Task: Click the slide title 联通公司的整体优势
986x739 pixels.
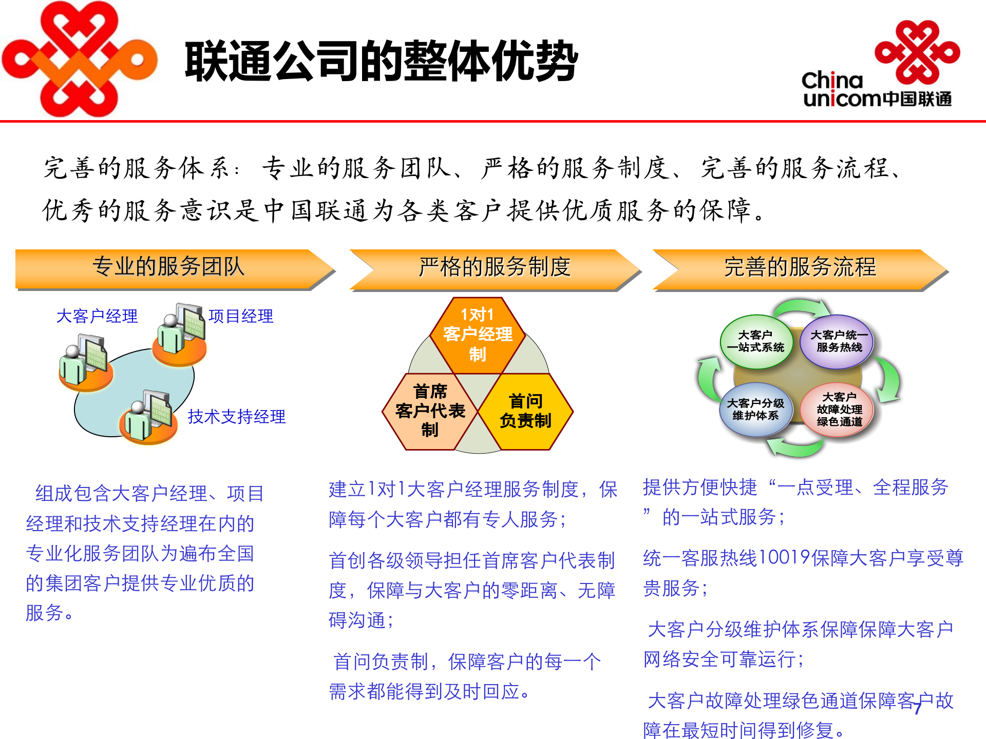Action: pyautogui.click(x=382, y=62)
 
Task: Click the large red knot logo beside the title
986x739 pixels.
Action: pyautogui.click(x=80, y=59)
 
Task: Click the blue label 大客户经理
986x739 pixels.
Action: pyautogui.click(x=97, y=316)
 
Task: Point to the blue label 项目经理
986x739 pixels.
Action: pyautogui.click(x=241, y=316)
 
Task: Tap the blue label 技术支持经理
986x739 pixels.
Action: pyautogui.click(x=237, y=417)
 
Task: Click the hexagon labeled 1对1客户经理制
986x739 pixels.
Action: pyautogui.click(x=478, y=335)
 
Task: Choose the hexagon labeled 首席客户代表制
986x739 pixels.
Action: pyautogui.click(x=430, y=411)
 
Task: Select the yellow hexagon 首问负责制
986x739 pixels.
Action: pyautogui.click(x=525, y=411)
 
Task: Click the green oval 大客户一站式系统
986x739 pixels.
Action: pyautogui.click(x=755, y=341)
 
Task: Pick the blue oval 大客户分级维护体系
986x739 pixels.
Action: pyautogui.click(x=755, y=410)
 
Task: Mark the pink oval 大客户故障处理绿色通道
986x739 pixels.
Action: pyautogui.click(x=839, y=410)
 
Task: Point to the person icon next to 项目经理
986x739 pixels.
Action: pyautogui.click(x=180, y=334)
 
